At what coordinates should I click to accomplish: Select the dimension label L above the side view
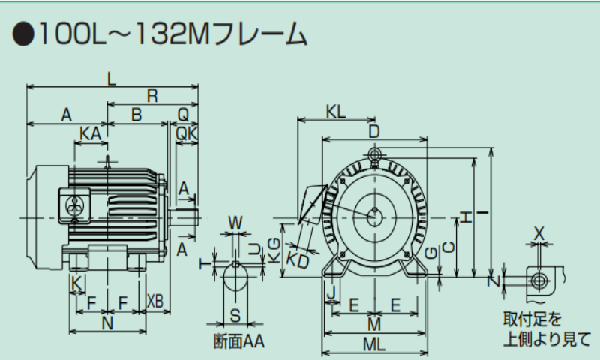112,79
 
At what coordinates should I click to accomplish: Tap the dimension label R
152,96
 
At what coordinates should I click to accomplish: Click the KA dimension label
90,133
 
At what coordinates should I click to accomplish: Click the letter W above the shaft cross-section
235,223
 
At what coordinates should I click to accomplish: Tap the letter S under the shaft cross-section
235,314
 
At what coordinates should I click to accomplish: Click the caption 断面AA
239,341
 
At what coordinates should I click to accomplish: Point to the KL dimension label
336,111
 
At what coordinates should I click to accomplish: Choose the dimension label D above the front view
374,131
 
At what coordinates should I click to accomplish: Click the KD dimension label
298,259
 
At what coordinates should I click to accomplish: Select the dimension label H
466,217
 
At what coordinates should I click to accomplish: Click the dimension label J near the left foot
330,289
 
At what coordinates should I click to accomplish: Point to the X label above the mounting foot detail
538,233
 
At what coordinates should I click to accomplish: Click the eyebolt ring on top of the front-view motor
374,154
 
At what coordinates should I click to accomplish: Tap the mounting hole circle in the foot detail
538,280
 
